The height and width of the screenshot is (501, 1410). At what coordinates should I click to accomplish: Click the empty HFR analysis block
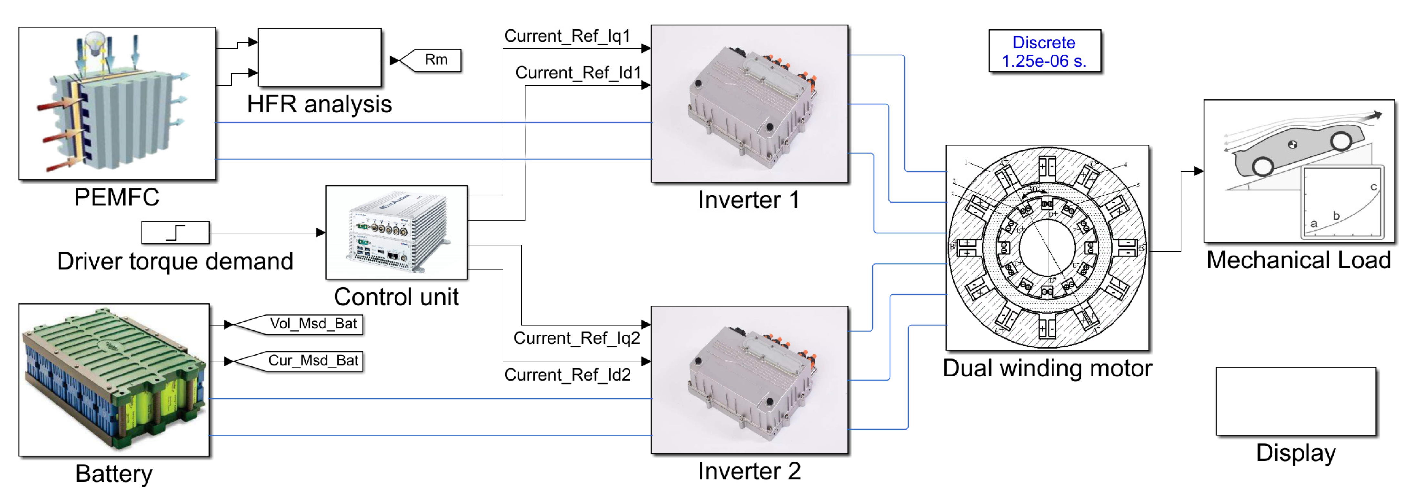(320, 57)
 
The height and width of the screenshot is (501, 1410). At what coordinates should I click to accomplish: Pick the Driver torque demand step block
(175, 233)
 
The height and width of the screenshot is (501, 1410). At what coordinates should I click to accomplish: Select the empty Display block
(1295, 401)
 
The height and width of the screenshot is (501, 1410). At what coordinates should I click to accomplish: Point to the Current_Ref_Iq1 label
(567, 36)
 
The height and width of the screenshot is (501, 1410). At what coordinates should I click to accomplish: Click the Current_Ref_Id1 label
(578, 73)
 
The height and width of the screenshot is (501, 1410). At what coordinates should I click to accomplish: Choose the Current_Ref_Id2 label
(568, 375)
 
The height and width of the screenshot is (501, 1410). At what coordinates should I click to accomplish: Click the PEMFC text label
(116, 197)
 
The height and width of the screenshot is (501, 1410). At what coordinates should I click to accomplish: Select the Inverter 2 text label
(749, 471)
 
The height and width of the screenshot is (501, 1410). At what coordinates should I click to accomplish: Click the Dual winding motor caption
(1047, 368)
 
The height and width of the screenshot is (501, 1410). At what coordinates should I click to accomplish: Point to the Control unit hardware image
(396, 233)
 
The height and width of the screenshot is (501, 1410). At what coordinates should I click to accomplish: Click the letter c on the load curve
(1373, 187)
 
